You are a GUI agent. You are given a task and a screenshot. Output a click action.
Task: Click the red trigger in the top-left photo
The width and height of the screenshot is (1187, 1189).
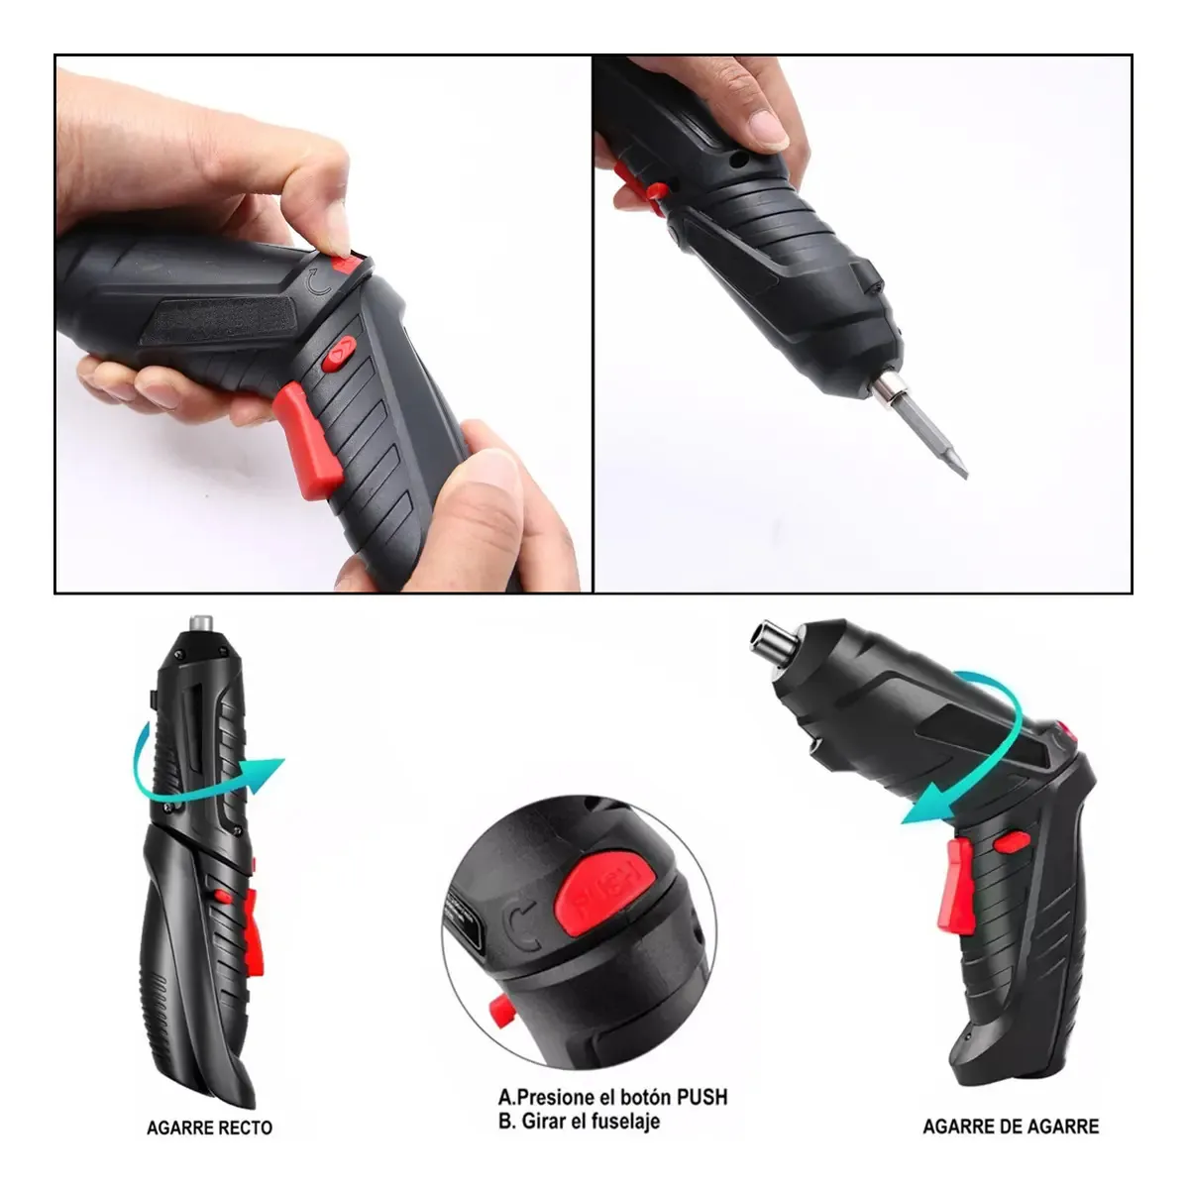(x=308, y=439)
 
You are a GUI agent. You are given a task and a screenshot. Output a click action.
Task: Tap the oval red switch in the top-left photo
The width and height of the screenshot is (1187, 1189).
(x=339, y=354)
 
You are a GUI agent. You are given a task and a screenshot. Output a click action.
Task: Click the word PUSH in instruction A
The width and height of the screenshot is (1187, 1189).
(x=701, y=1097)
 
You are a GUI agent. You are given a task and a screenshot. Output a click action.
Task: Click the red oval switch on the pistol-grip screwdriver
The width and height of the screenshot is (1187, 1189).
(x=1011, y=842)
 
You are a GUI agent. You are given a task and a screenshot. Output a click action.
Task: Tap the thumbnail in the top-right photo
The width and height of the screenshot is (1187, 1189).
(x=768, y=130)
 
